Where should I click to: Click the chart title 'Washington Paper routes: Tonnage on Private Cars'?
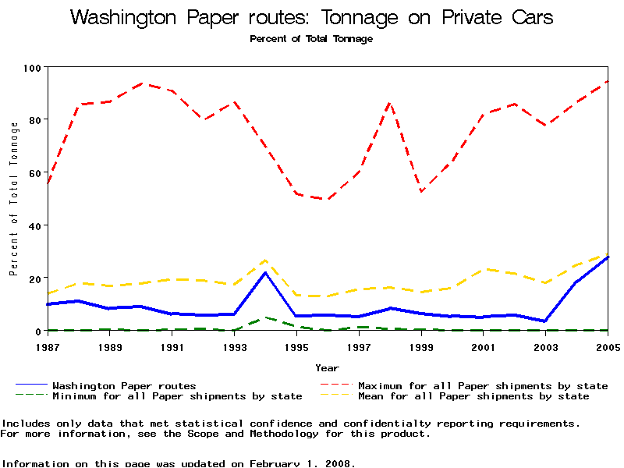[312, 18]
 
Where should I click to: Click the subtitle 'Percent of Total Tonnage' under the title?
[311, 39]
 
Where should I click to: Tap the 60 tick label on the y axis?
[34, 173]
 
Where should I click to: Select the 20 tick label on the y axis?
[34, 278]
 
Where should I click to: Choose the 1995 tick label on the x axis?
[296, 346]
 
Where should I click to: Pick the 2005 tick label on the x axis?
[608, 346]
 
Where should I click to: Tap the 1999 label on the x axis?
[421, 346]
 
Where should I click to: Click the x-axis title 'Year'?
[327, 367]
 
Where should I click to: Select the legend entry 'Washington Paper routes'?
[124, 385]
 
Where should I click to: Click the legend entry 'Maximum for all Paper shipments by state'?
[483, 385]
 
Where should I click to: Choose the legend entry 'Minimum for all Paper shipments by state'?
[177, 396]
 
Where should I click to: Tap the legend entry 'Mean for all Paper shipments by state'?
[473, 396]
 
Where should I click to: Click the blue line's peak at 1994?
[265, 272]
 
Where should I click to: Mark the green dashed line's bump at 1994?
[265, 317]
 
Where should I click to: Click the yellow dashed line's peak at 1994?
[265, 260]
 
